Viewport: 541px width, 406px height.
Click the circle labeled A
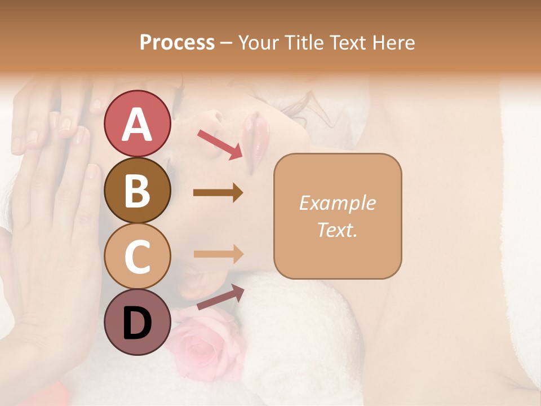pyautogui.click(x=137, y=123)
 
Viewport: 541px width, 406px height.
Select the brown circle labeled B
pyautogui.click(x=137, y=190)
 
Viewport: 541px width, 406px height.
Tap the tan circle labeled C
pyautogui.click(x=137, y=257)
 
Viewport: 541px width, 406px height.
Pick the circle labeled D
pyautogui.click(x=137, y=323)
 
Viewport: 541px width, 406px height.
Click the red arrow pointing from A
pyautogui.click(x=220, y=144)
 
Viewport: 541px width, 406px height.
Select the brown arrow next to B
pyautogui.click(x=218, y=193)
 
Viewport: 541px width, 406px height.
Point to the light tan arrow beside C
pyautogui.click(x=218, y=254)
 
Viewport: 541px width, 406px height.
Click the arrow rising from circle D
pyautogui.click(x=220, y=297)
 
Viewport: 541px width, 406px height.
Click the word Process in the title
pyautogui.click(x=177, y=43)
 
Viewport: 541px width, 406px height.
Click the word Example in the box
pyautogui.click(x=337, y=203)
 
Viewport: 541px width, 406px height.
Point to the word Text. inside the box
pyautogui.click(x=337, y=230)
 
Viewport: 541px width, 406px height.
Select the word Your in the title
pyautogui.click(x=258, y=43)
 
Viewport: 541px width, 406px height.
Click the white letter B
pyautogui.click(x=137, y=190)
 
